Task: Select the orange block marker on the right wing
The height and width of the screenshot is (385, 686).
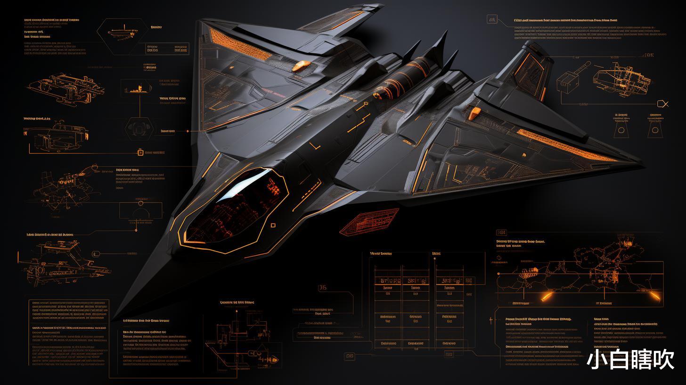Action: (x=475, y=113)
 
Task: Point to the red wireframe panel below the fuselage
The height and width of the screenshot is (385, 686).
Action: (x=369, y=221)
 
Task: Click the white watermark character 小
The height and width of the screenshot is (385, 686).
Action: (x=597, y=360)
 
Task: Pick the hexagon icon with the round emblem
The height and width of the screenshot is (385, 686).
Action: (x=139, y=127)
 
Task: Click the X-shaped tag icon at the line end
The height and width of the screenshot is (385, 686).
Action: (x=664, y=104)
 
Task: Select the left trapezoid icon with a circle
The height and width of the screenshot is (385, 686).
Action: (x=621, y=129)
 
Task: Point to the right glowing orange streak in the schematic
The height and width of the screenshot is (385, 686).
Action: (x=655, y=296)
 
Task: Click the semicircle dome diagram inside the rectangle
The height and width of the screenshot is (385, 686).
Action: (x=140, y=212)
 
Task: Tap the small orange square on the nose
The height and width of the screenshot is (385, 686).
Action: (x=273, y=226)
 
